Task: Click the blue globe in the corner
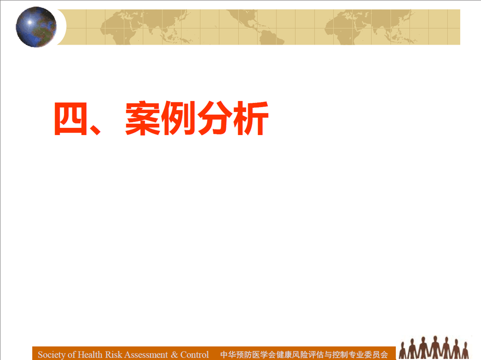click(36, 27)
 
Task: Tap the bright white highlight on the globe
click(29, 22)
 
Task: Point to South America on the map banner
click(271, 37)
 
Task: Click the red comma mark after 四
click(95, 129)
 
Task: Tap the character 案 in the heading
click(143, 118)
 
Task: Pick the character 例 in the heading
click(178, 118)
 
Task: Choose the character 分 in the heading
click(215, 118)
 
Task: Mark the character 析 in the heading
click(251, 118)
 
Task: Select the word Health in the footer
click(90, 355)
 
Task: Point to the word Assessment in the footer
click(146, 355)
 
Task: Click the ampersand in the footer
click(174, 355)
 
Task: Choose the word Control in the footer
click(194, 355)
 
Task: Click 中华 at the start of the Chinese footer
click(228, 355)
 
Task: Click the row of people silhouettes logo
click(434, 348)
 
